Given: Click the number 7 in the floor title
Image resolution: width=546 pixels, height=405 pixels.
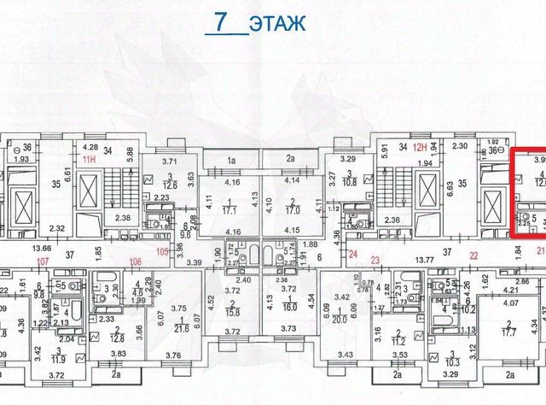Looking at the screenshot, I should [224, 22].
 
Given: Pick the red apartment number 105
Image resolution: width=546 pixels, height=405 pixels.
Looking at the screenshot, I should [164, 253].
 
